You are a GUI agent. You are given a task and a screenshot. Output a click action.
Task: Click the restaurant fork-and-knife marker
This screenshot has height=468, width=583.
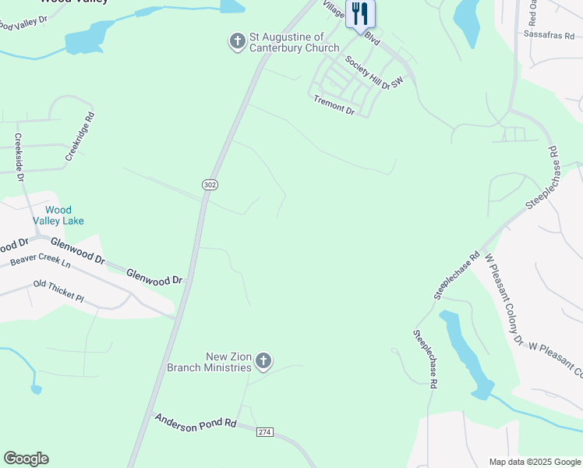coord(359,14)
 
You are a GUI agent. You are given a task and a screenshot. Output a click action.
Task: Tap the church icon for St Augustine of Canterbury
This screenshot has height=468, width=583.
coord(238,41)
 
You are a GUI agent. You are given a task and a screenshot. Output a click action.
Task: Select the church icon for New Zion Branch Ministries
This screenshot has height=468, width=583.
coord(263,361)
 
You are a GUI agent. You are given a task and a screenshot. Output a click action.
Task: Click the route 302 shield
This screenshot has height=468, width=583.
coord(210,185)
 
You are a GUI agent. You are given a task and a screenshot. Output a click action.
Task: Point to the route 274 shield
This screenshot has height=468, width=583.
coord(264,431)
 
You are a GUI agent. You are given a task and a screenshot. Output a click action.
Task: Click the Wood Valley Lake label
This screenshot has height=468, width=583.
coord(58,215)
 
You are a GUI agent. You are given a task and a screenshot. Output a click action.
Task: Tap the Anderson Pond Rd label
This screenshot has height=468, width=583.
coord(195,422)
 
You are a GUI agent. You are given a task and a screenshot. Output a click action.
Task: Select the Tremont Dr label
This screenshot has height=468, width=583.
coord(334,105)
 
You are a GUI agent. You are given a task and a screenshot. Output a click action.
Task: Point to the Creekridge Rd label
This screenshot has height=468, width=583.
coord(79,136)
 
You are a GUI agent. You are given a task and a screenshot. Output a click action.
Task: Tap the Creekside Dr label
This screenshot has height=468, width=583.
coord(19,157)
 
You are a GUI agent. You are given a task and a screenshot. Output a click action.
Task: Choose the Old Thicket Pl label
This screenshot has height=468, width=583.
coord(58,290)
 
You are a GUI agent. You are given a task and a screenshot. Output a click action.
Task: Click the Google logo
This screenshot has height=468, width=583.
coord(26,459)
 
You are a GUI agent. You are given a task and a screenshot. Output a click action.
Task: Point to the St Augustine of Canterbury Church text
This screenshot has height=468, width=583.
coord(294,42)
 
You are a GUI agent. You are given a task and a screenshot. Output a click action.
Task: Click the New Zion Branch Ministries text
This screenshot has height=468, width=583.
coord(210,362)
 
